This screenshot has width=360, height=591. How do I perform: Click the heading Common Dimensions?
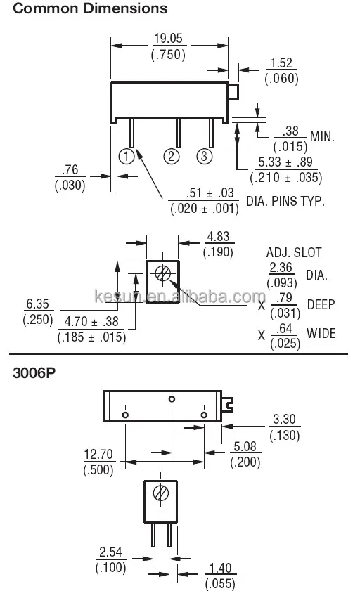pyautogui.click(x=91, y=9)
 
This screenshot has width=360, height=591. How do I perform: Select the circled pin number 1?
pyautogui.click(x=127, y=156)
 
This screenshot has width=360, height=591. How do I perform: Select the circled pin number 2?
pyautogui.click(x=172, y=156)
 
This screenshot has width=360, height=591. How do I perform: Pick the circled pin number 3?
pyautogui.click(x=204, y=156)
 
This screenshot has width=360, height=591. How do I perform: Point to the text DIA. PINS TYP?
pyautogui.click(x=285, y=202)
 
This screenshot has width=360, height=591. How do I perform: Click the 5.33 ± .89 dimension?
pyautogui.click(x=284, y=162)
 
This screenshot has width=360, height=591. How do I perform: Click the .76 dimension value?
pyautogui.click(x=70, y=170)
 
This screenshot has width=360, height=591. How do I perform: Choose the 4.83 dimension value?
pyautogui.click(x=218, y=238)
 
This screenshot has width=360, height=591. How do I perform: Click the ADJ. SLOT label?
pyautogui.click(x=289, y=252)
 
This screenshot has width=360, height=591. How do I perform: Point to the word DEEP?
pyautogui.click(x=321, y=304)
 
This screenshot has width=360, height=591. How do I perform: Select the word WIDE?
pyautogui.click(x=321, y=333)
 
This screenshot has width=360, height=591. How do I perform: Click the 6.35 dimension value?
pyautogui.click(x=34, y=305)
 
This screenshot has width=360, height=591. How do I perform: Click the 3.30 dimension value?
pyautogui.click(x=284, y=420)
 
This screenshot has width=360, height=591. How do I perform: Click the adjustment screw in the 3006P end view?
pyautogui.click(x=161, y=493)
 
